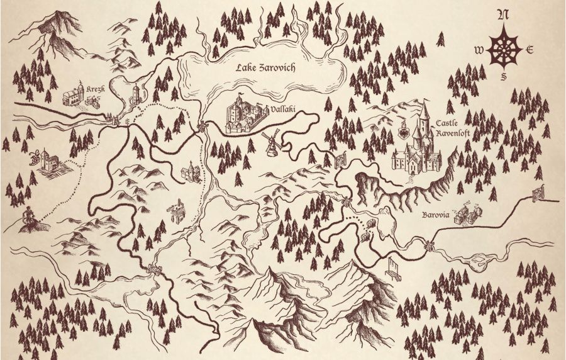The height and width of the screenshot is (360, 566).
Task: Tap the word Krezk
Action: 96,89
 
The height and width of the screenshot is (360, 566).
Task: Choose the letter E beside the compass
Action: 530,50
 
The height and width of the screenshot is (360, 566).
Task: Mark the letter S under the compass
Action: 504,77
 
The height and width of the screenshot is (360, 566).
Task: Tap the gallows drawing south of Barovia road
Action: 395,267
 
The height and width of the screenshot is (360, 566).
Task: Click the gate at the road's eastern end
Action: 538,193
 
